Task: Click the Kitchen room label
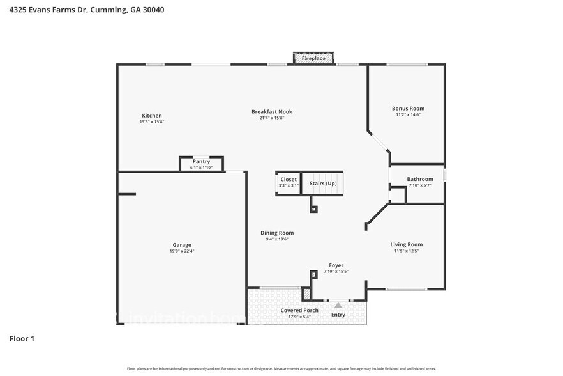pyautogui.click(x=152, y=116)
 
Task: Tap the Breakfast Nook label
pyautogui.click(x=271, y=111)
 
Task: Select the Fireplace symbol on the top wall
pyautogui.click(x=313, y=59)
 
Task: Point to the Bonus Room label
pyautogui.click(x=408, y=109)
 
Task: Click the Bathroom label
pyautogui.click(x=420, y=179)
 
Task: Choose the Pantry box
pyautogui.click(x=201, y=164)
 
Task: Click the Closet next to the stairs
pyautogui.click(x=288, y=183)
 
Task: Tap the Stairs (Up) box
pyautogui.click(x=322, y=183)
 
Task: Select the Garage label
pyautogui.click(x=181, y=245)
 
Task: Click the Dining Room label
pyautogui.click(x=277, y=233)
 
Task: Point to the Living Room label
pyautogui.click(x=407, y=244)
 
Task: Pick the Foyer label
pyautogui.click(x=336, y=265)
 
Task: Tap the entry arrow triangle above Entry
pyautogui.click(x=338, y=306)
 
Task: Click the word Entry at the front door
pyautogui.click(x=338, y=315)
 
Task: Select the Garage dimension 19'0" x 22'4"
pyautogui.click(x=181, y=251)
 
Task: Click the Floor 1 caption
pyautogui.click(x=22, y=338)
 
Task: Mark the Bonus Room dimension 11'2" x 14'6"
pyautogui.click(x=408, y=114)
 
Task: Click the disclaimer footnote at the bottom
pyautogui.click(x=281, y=368)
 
